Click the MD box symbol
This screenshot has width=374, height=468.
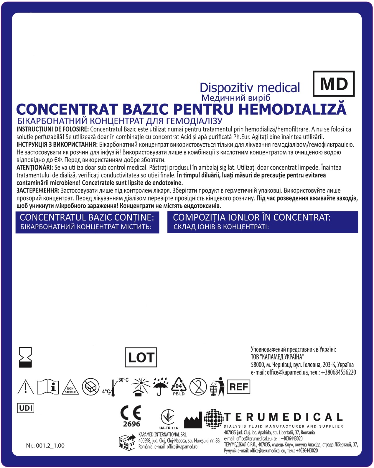coord(334,84)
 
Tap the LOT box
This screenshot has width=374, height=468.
coord(141,357)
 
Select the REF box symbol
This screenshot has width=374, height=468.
coord(238,387)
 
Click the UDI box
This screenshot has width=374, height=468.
coord(26,408)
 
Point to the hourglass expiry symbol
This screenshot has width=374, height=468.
coord(25,357)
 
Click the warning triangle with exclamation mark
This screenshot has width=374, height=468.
coord(26,387)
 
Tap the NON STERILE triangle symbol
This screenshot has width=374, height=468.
coord(70,388)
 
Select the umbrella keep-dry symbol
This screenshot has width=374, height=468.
coord(160,387)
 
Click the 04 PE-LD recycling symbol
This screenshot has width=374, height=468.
coord(179,387)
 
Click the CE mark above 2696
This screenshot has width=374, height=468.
coord(131,413)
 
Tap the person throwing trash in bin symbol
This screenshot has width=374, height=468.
coord(217,387)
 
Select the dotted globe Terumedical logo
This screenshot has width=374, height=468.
coord(214,419)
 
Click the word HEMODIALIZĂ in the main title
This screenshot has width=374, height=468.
coord(292,109)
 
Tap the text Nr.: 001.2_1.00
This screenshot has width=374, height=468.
coord(45,445)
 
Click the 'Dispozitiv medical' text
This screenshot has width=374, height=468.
coord(250,88)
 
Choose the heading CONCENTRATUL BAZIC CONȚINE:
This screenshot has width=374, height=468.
coord(87,217)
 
